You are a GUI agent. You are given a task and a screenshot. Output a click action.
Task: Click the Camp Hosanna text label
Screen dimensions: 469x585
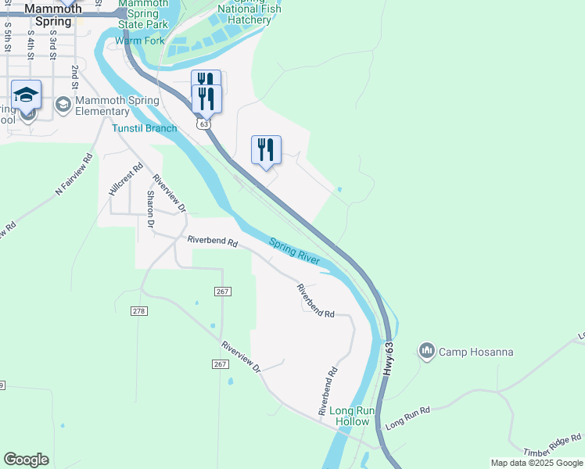[476, 352]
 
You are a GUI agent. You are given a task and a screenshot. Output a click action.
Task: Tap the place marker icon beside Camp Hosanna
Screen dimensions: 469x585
[426, 351]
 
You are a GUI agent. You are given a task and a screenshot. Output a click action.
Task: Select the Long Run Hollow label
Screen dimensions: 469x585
[350, 416]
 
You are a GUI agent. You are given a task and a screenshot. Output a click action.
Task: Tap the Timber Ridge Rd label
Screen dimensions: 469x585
[553, 443]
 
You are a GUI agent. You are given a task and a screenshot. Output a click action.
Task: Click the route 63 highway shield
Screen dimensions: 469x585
[204, 124]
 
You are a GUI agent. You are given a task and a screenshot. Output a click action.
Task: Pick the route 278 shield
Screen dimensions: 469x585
[139, 311]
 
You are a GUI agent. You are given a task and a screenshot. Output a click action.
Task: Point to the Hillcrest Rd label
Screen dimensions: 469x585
[126, 178]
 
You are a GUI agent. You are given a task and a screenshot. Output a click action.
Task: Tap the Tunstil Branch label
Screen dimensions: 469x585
[144, 128]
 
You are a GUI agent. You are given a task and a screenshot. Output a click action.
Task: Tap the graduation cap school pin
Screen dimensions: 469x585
[26, 95]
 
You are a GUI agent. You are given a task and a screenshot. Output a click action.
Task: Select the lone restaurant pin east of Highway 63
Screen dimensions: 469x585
[266, 149]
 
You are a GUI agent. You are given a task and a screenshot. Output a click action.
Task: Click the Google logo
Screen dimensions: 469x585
[26, 460]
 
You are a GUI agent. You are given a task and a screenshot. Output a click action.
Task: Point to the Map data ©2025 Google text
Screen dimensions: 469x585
[537, 463]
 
